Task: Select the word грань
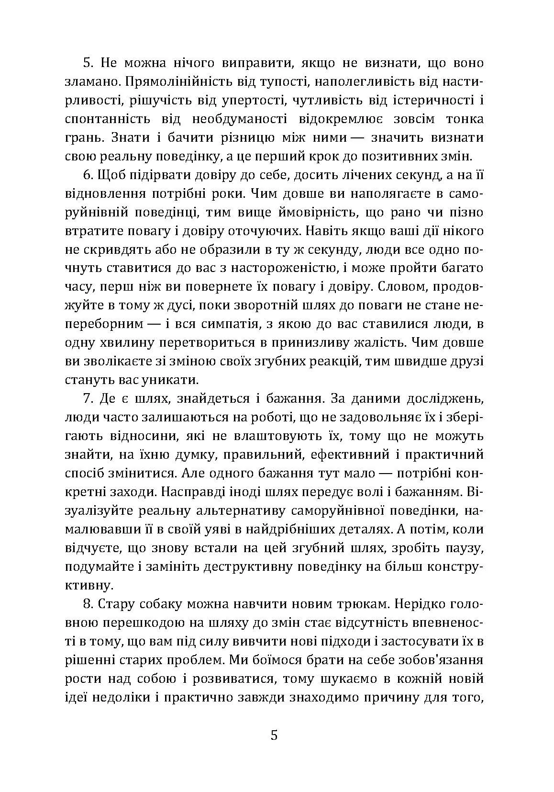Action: [82, 138]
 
